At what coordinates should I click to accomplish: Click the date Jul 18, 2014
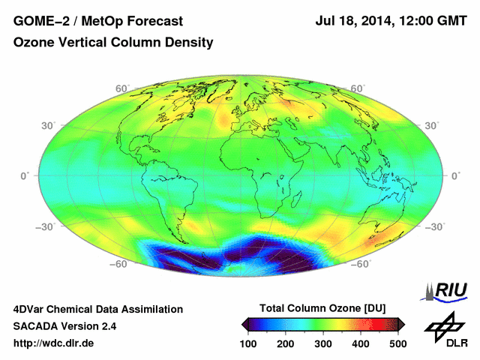tap(352, 22)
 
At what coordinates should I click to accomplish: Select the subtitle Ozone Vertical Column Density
tap(113, 43)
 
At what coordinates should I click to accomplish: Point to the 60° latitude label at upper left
tap(120, 88)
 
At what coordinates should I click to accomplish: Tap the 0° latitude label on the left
tap(24, 175)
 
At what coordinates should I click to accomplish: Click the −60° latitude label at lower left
tap(116, 264)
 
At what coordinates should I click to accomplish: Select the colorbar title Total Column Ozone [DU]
tap(322, 308)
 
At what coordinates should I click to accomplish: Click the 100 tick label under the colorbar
tap(248, 343)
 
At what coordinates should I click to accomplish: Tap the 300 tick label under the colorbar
tap(322, 343)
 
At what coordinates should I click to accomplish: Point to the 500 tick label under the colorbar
tap(397, 343)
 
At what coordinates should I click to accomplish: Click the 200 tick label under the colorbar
tap(286, 343)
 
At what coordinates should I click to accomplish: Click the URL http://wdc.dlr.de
tap(54, 343)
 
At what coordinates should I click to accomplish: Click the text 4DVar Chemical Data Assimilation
tap(97, 309)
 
